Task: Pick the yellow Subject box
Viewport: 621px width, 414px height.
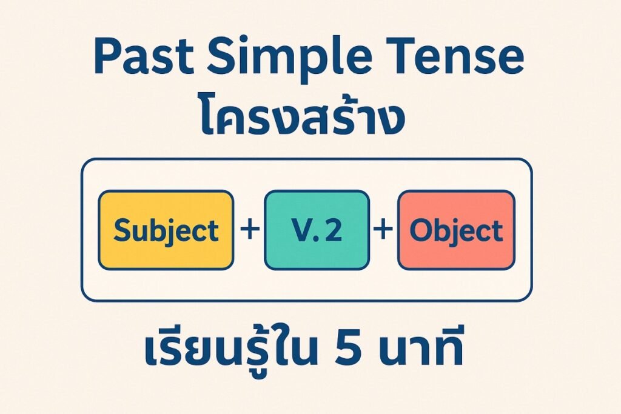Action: click(166, 230)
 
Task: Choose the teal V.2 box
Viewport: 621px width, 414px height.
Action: click(317, 230)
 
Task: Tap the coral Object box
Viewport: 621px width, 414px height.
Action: click(456, 230)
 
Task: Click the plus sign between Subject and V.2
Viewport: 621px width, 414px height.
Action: click(249, 229)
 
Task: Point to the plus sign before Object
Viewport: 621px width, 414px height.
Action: click(383, 229)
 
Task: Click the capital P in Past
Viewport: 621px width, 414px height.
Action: click(107, 56)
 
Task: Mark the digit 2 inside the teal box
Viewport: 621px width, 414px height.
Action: click(333, 230)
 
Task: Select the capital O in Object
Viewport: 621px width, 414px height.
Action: click(421, 230)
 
